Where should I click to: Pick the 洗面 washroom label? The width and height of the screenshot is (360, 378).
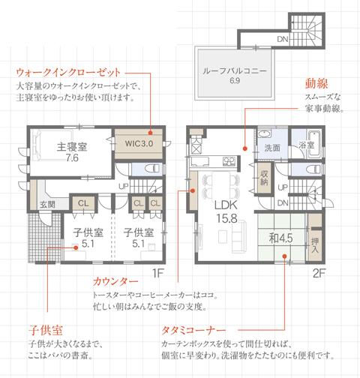pos(271,148)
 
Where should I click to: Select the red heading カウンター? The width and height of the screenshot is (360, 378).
pos(110,282)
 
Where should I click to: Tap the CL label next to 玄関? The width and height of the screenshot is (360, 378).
pos(82,202)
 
